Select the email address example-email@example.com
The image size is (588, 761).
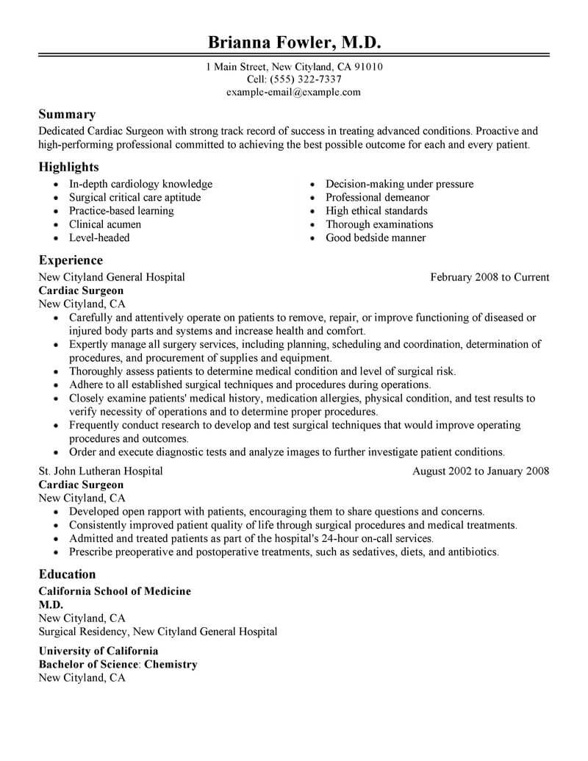click(x=294, y=92)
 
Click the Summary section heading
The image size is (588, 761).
click(x=67, y=115)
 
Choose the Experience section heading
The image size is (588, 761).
click(x=71, y=260)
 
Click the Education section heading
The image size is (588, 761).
click(x=67, y=574)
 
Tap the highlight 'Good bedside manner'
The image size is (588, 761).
click(x=376, y=237)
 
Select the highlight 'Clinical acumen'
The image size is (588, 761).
click(x=105, y=224)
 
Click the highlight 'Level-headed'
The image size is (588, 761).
click(x=99, y=237)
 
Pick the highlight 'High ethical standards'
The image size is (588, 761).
click(x=378, y=211)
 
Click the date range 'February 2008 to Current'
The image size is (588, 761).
click(x=490, y=277)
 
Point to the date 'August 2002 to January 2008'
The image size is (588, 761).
click(x=481, y=471)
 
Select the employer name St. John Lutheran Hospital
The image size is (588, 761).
click(x=101, y=471)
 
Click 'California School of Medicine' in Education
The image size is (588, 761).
click(x=115, y=591)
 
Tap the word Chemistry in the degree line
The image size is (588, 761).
click(x=171, y=664)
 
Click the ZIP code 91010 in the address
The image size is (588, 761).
click(x=367, y=67)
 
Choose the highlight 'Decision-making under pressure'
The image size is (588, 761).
click(x=400, y=184)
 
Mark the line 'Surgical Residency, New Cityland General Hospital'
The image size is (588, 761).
click(x=158, y=631)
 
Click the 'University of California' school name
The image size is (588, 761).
click(x=98, y=651)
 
